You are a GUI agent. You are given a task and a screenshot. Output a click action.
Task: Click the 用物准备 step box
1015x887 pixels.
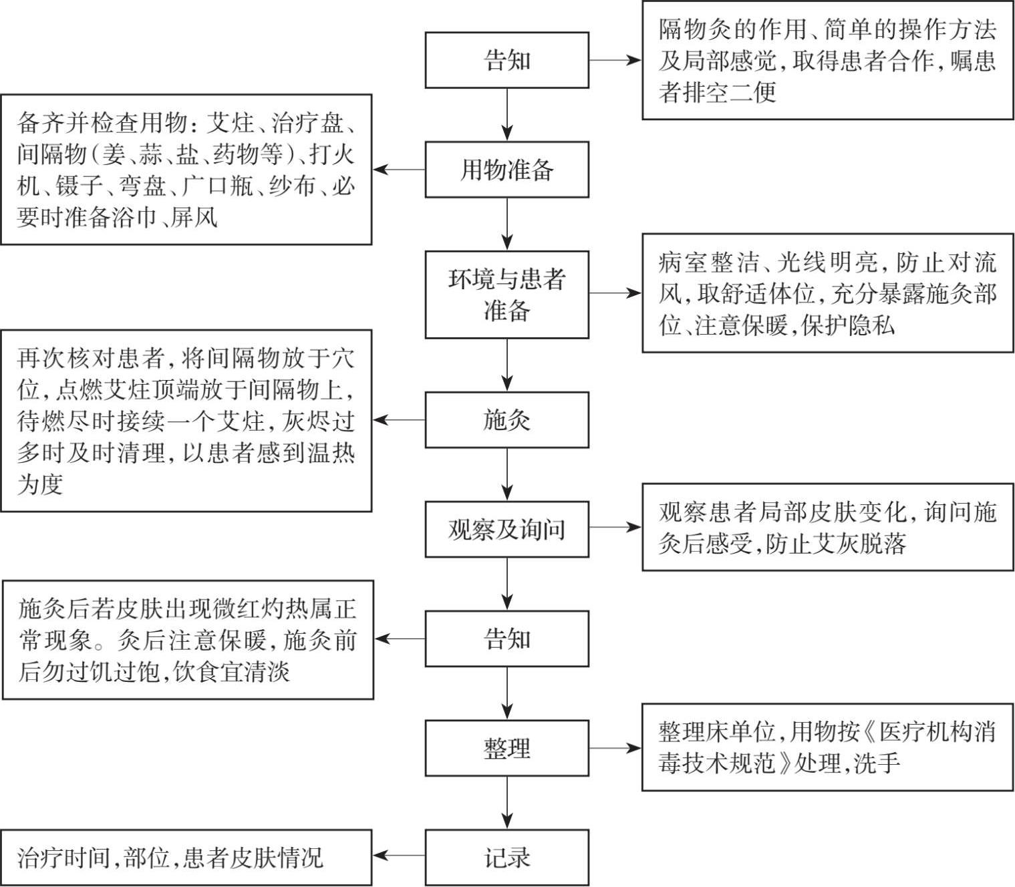[x=506, y=170]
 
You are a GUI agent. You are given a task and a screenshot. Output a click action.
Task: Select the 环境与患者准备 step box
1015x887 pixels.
[x=506, y=295]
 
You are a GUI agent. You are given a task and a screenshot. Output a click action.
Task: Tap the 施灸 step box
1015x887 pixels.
[x=506, y=420]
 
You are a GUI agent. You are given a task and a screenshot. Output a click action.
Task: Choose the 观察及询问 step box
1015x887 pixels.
[x=506, y=530]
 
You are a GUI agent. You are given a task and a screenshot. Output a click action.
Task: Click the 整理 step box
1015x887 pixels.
[x=506, y=748]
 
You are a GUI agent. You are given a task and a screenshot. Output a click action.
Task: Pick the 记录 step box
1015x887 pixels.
[x=506, y=858]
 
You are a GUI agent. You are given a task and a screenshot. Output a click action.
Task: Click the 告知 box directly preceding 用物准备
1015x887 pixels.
[x=506, y=60]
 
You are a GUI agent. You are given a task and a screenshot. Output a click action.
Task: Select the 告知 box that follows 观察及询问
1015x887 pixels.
[x=506, y=639]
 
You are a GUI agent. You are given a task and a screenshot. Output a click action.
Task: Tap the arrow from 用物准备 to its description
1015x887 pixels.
[x=399, y=170]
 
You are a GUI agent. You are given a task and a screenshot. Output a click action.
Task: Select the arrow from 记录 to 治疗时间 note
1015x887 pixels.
[x=399, y=856]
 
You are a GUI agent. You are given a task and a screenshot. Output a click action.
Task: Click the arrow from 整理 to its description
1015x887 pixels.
[x=615, y=748]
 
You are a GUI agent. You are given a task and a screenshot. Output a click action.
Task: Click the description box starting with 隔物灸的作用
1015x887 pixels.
[x=827, y=61]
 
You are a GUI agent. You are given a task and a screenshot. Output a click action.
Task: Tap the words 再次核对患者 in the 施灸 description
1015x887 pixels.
[x=90, y=359]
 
